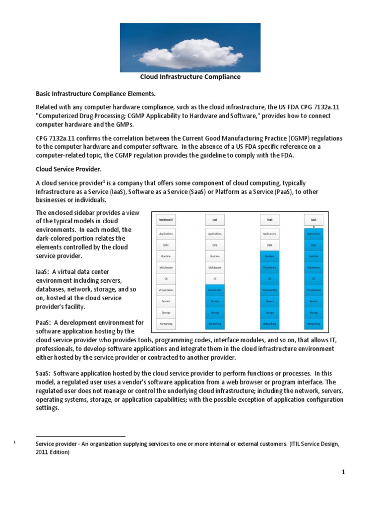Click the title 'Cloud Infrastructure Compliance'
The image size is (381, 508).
click(x=190, y=77)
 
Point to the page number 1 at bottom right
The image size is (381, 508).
click(x=342, y=472)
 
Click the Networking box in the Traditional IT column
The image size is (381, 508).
click(x=166, y=323)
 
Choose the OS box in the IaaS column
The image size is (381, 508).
click(x=215, y=278)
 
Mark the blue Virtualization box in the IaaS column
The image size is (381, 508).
click(x=215, y=290)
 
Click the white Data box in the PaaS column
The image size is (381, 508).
click(x=269, y=245)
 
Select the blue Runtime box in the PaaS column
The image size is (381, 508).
click(x=269, y=256)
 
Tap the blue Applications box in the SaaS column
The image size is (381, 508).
click(x=314, y=233)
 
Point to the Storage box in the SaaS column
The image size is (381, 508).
click(x=314, y=313)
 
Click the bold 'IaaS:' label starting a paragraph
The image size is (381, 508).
click(x=43, y=271)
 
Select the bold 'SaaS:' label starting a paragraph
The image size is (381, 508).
click(x=43, y=373)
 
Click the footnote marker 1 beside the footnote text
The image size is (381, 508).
click(x=15, y=443)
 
